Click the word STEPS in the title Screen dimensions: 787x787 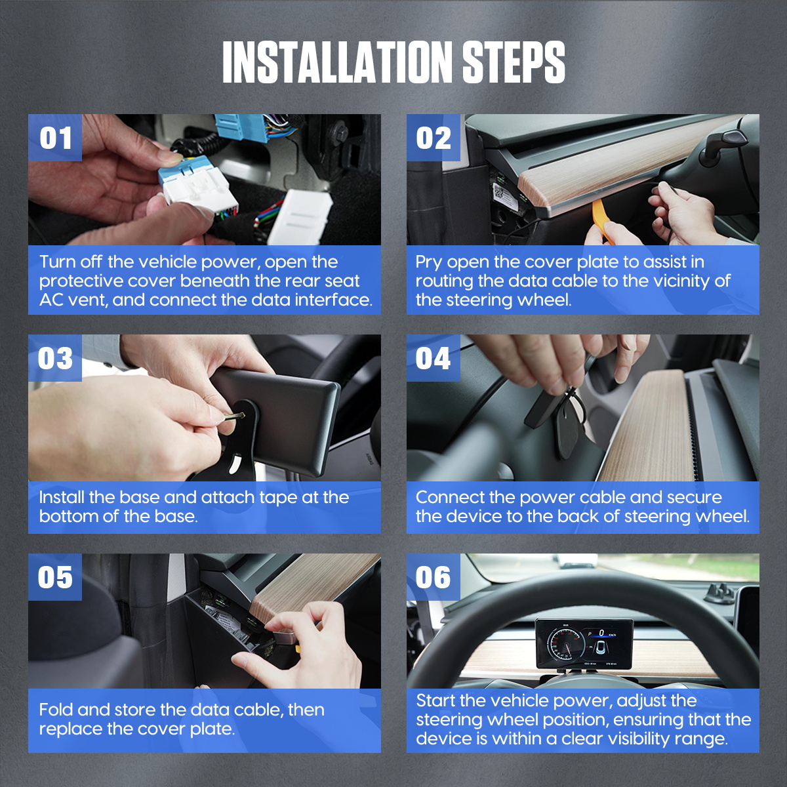pos(514,62)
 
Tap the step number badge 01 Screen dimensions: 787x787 pos(55,138)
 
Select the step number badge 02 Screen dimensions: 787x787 pos(434,138)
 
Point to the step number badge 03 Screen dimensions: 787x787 pos(55,359)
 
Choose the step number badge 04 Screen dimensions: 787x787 pos(434,359)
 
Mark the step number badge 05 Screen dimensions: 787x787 pos(55,578)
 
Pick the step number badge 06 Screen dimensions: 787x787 pos(434,578)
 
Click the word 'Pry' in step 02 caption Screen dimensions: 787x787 pos(428,262)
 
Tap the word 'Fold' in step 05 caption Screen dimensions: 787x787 pos(56,710)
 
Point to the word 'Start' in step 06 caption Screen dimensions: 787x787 pos(435,700)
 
